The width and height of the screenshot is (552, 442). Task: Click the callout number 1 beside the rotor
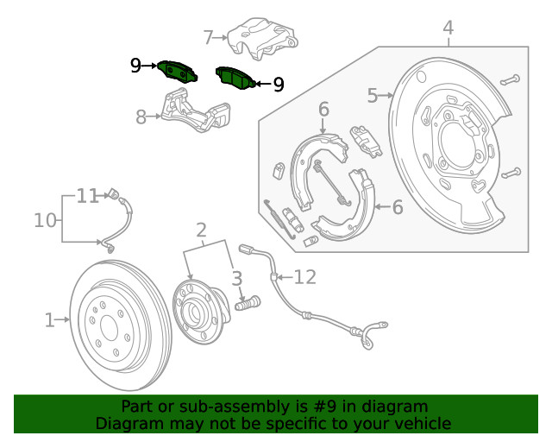[50, 320]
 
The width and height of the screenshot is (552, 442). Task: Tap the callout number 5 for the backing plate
[373, 95]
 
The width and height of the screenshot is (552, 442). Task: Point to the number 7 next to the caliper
[208, 37]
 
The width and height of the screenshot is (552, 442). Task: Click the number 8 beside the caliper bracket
[141, 117]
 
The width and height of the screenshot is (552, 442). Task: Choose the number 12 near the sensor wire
[305, 277]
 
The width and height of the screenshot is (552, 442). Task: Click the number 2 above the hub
[201, 230]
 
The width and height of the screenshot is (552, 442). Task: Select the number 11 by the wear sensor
[87, 196]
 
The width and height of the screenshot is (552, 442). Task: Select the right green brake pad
[235, 78]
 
